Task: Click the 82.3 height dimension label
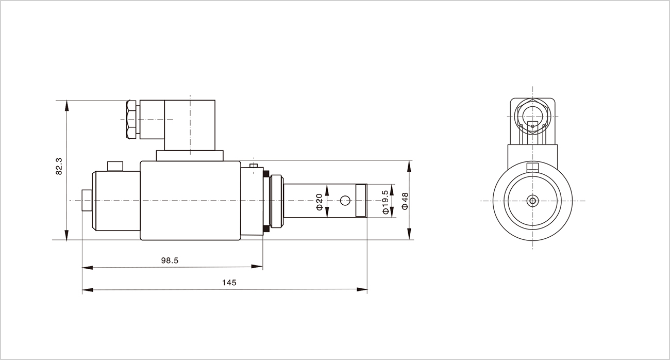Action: (59, 166)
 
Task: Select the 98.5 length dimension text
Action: (170, 260)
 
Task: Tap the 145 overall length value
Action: (229, 283)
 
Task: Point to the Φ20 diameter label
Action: (320, 202)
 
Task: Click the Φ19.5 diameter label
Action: (386, 202)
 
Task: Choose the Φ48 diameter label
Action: (405, 201)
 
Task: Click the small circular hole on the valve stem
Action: (345, 201)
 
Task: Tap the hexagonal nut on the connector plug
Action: (131, 120)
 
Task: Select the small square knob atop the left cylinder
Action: (115, 166)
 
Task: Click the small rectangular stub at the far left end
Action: (87, 201)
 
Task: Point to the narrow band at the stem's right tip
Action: (361, 200)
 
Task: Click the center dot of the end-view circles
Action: (532, 201)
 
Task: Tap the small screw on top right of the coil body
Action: (254, 166)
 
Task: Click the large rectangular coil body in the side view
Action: (190, 201)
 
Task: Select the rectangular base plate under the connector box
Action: (190, 156)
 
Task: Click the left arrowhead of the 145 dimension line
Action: (87, 290)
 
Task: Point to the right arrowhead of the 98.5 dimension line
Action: (257, 266)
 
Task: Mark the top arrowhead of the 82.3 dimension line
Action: (66, 106)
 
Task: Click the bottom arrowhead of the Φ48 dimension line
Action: (409, 234)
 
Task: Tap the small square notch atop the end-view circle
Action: (532, 167)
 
